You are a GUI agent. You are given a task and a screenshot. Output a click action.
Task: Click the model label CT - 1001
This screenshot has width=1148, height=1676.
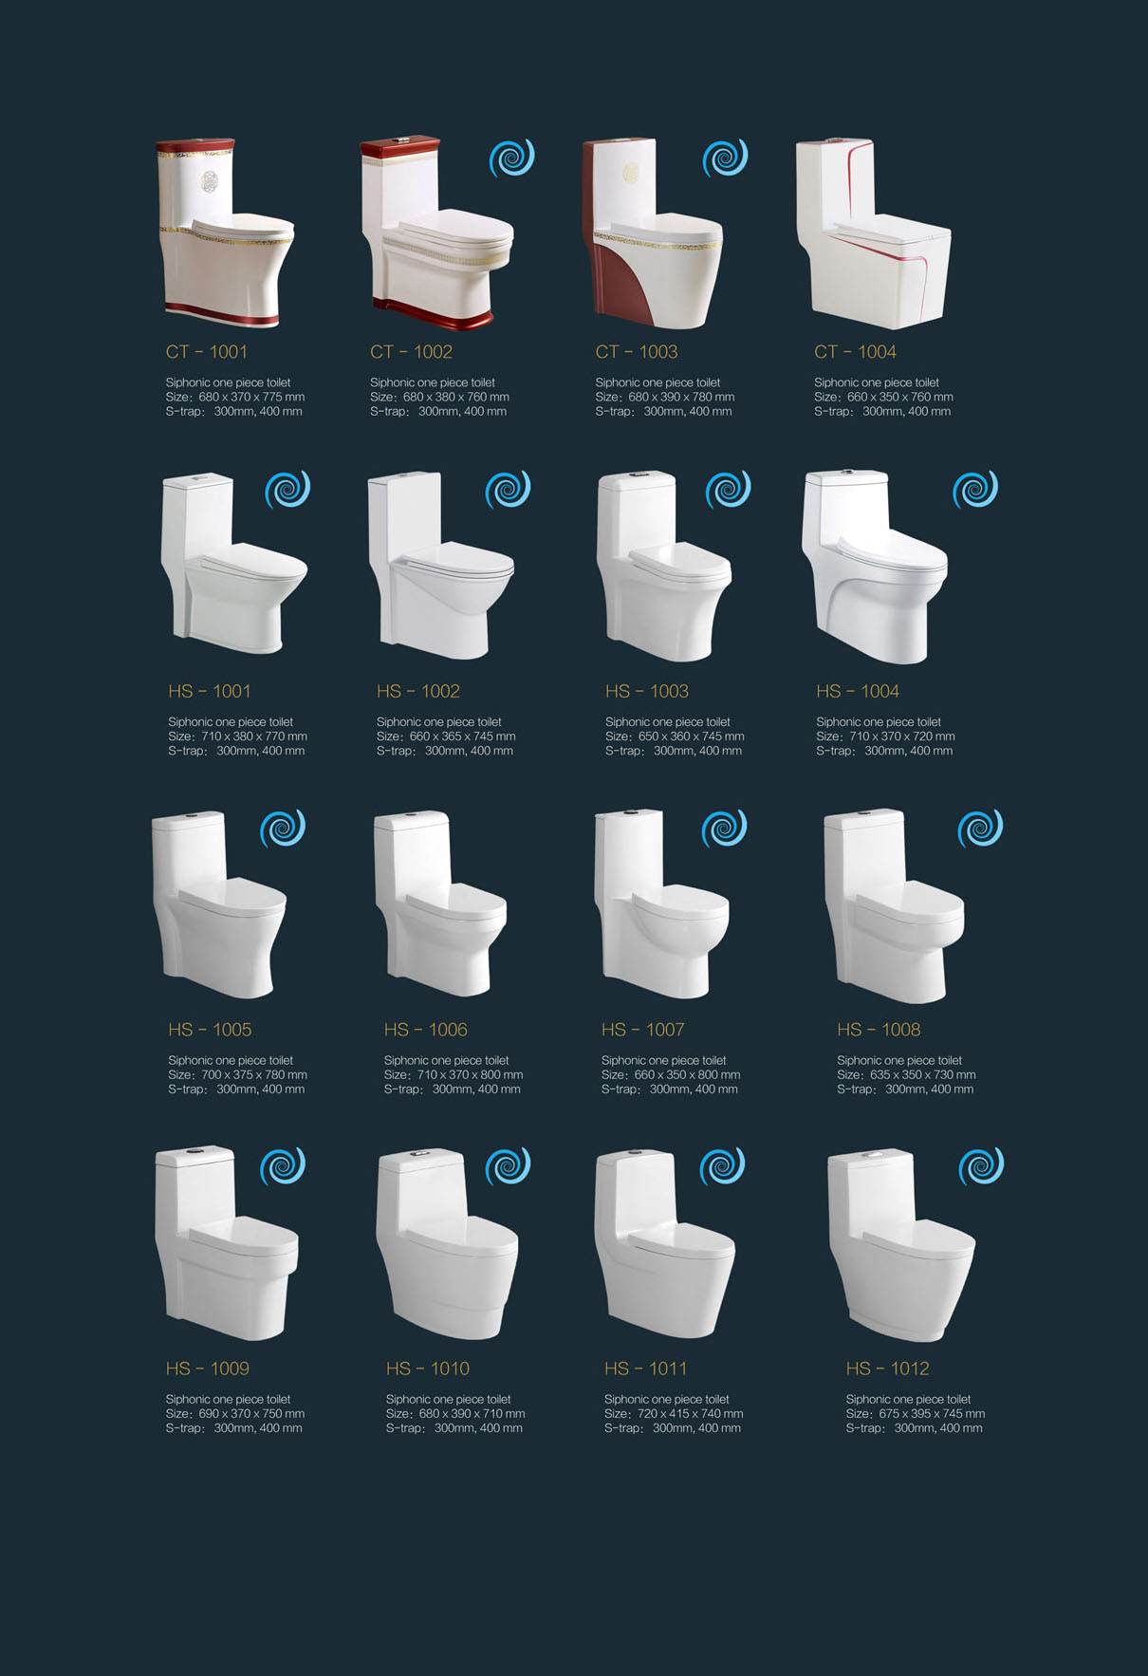click(x=207, y=352)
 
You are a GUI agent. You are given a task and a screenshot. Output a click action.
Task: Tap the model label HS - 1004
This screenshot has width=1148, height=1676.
click(x=858, y=691)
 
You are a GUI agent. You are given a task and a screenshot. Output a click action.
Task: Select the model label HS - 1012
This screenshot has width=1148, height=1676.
click(x=887, y=1369)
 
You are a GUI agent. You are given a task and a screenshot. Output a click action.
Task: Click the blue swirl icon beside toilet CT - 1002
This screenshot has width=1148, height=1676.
click(x=512, y=158)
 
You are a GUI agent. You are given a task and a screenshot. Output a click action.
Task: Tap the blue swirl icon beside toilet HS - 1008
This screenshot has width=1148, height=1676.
click(x=980, y=829)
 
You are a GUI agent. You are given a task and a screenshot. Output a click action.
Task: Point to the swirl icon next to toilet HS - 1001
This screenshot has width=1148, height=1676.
click(x=287, y=490)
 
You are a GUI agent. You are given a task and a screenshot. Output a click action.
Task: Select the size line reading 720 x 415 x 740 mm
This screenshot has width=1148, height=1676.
click(x=690, y=1413)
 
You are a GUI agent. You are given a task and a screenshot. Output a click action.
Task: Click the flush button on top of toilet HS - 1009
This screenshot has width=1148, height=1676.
click(x=194, y=1151)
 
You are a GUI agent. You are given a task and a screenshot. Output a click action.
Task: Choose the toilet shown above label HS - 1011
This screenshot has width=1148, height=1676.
click(x=665, y=1244)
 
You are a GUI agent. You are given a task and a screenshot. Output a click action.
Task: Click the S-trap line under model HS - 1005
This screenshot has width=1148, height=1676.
click(x=236, y=1089)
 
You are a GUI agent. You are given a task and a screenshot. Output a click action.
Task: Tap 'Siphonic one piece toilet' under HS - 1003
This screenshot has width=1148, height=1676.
click(x=668, y=722)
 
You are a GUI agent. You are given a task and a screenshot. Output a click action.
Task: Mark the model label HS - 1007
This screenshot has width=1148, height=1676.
click(x=642, y=1030)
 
